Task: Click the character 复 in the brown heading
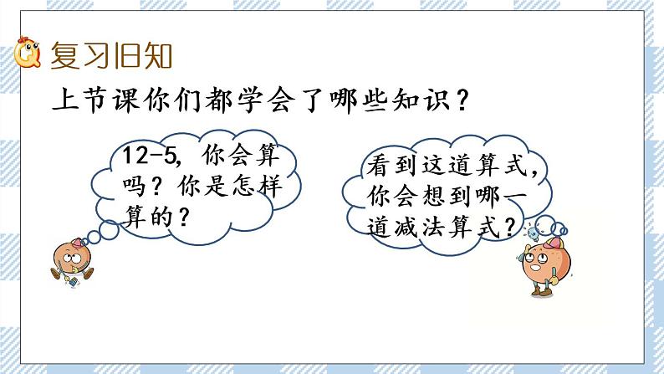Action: click(x=65, y=56)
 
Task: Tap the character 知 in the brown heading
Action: click(x=158, y=56)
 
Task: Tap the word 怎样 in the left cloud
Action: click(x=265, y=186)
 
